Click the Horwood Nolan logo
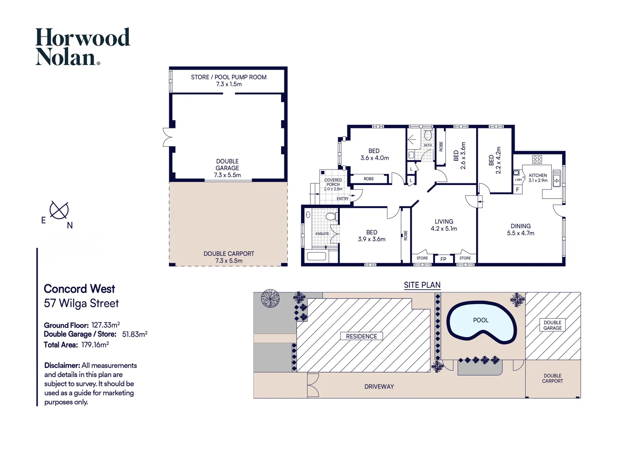tap(83, 47)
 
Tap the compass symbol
tap(59, 210)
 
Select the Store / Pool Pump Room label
tap(229, 81)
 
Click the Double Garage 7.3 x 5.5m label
tap(227, 168)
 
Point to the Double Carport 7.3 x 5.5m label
tap(229, 257)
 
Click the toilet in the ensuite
tap(332, 216)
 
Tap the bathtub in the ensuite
tap(316, 255)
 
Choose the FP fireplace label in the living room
tap(443, 259)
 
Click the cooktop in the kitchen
tap(537, 159)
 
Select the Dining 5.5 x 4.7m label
tap(521, 229)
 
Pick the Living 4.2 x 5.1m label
tap(444, 225)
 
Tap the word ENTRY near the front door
tap(343, 198)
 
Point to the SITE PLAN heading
tap(422, 285)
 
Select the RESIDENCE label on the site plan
tap(362, 336)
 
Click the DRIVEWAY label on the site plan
tap(379, 387)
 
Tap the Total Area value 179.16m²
tap(95, 344)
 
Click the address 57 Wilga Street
tap(81, 303)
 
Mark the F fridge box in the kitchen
tap(517, 190)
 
